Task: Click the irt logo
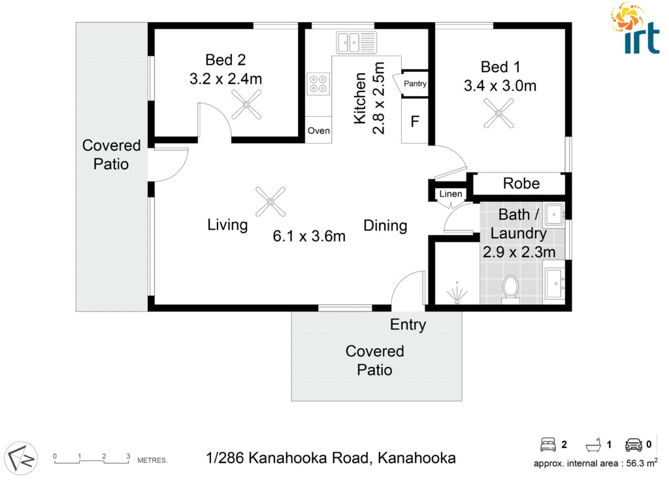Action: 635,28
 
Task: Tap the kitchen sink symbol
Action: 356,42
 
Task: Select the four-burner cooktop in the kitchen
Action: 318,84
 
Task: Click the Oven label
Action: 319,131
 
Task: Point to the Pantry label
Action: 415,84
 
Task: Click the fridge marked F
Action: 415,121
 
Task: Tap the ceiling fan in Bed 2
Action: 246,104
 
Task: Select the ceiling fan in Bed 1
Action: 498,113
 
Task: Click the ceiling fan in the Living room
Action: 270,202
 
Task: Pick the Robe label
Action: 521,184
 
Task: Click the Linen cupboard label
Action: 451,194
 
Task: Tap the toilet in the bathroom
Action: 510,290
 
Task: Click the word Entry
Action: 408,325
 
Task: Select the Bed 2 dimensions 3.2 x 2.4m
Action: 225,79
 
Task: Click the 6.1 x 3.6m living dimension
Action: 309,236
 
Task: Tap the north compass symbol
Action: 21,458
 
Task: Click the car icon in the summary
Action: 634,445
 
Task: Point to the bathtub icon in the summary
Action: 593,445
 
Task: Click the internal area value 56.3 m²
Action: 642,462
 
